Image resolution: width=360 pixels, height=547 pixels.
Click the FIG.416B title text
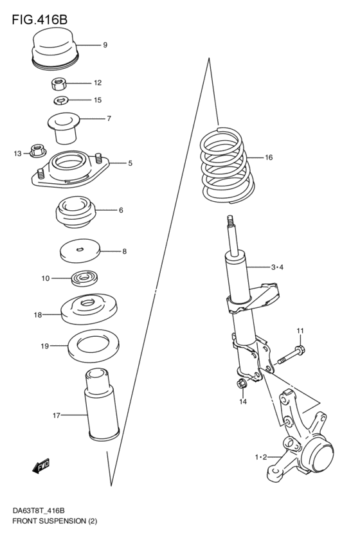point(39,19)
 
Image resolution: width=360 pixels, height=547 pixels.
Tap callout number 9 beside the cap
point(105,45)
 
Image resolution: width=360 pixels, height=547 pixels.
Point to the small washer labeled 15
point(60,101)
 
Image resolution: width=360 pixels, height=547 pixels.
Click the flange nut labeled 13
point(38,151)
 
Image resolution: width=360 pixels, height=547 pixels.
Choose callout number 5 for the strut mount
point(130,163)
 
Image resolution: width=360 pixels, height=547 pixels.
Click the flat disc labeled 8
point(80,251)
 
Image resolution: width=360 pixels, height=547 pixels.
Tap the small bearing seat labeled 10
point(84,278)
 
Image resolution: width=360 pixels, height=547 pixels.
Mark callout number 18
point(38,315)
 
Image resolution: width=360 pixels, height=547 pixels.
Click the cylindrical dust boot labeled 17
point(102,404)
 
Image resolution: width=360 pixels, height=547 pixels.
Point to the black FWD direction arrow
point(41,466)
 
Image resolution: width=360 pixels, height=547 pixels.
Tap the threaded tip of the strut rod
point(230,221)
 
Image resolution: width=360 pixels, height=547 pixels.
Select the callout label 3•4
point(277,267)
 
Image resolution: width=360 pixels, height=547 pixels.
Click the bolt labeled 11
point(291,355)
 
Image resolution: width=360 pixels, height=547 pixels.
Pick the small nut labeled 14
point(242,383)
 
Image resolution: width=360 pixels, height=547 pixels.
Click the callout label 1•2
point(261,457)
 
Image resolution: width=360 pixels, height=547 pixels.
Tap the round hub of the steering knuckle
point(317,456)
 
